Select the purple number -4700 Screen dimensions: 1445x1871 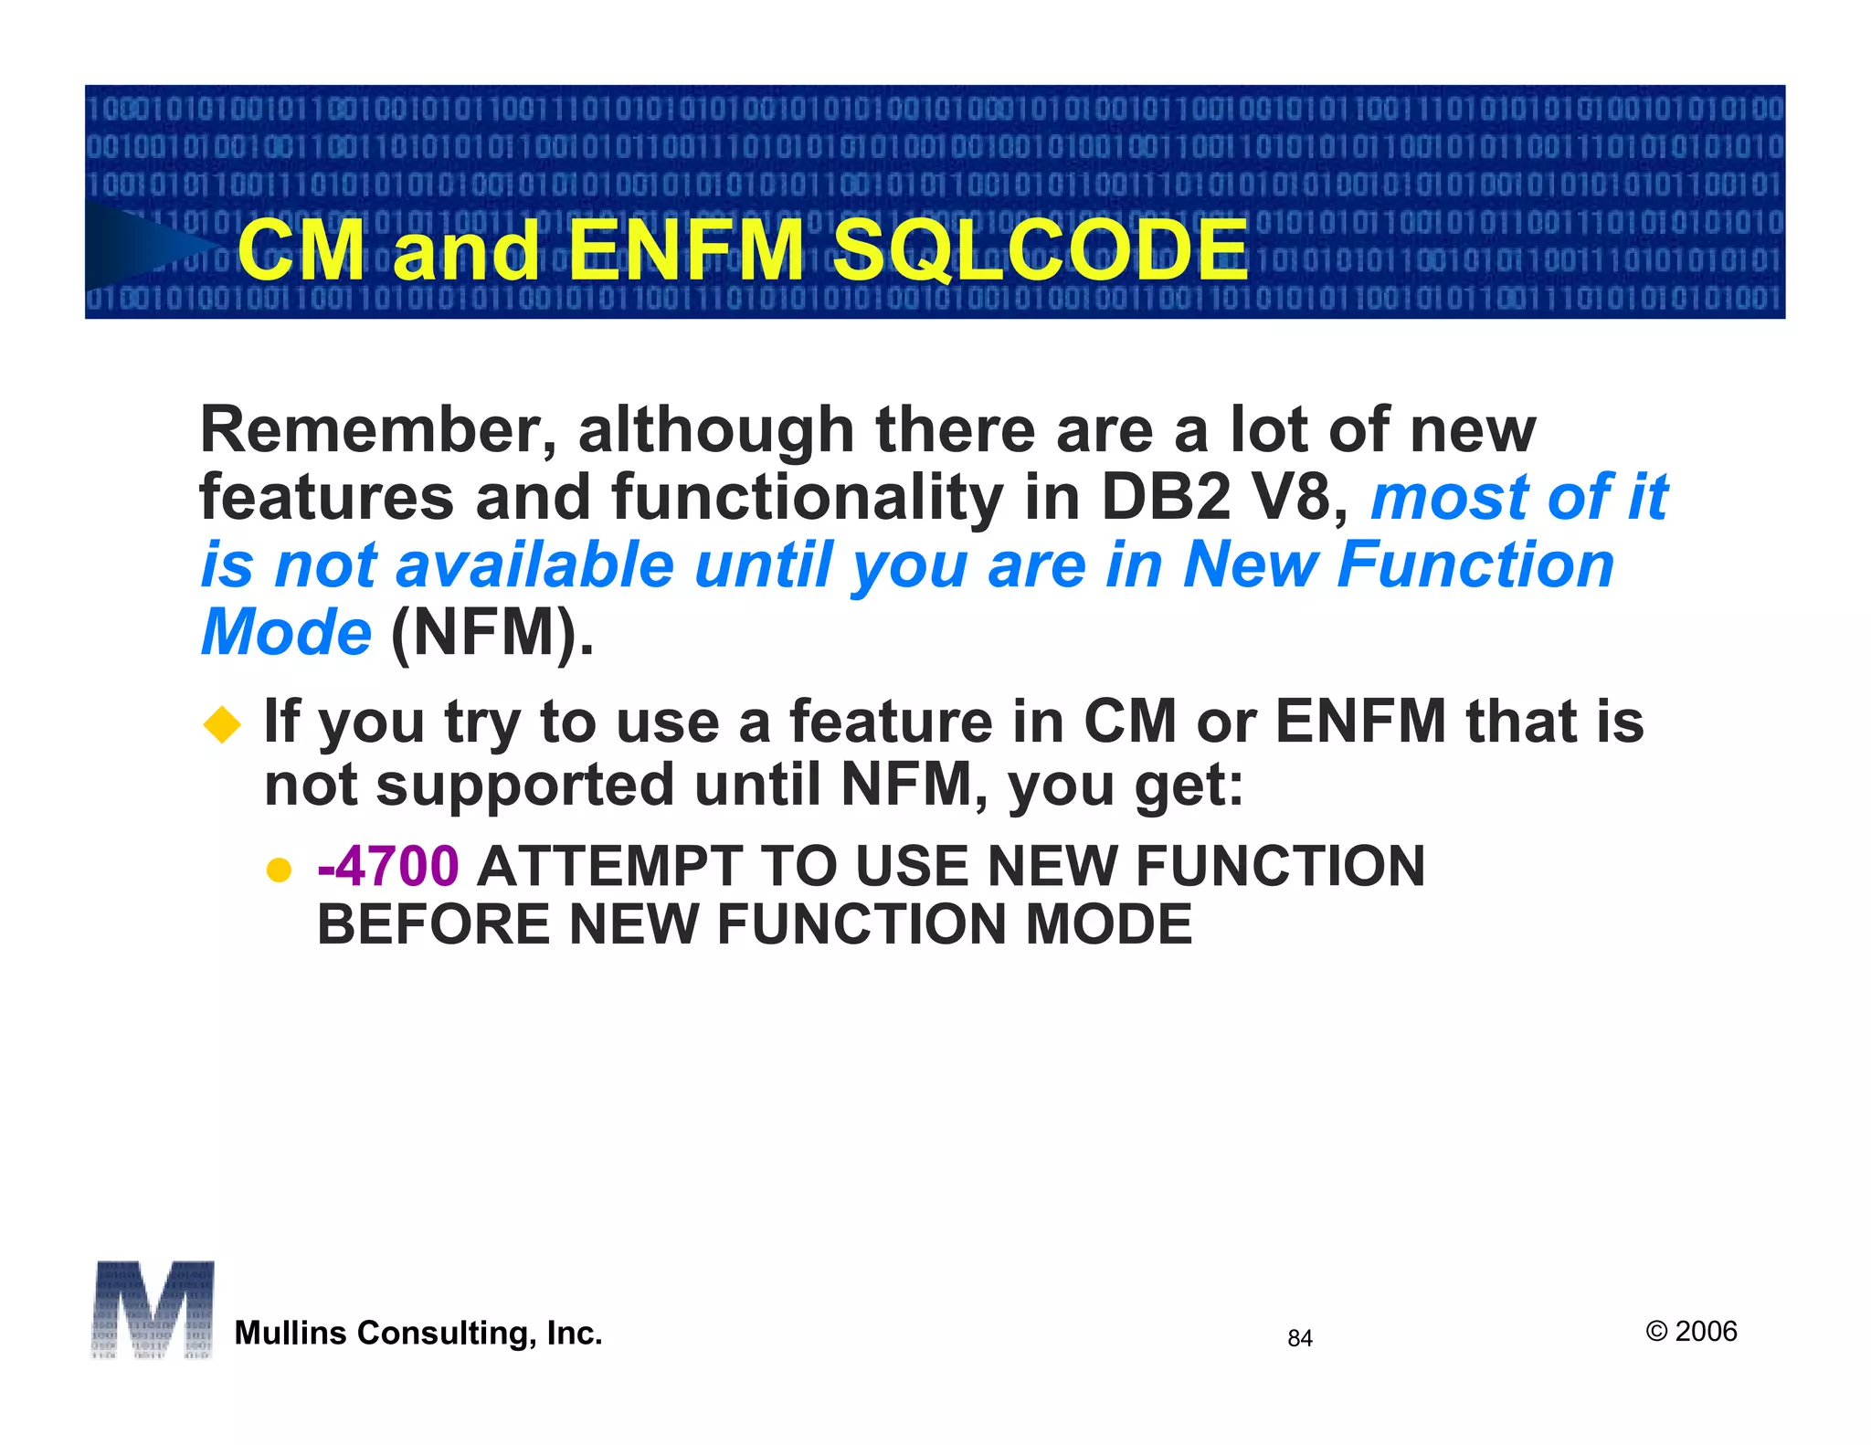(x=387, y=866)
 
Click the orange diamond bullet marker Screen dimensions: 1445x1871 (x=222, y=725)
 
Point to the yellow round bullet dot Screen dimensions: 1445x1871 (x=278, y=869)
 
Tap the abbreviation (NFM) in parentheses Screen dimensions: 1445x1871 (x=492, y=632)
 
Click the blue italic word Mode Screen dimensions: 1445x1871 (x=286, y=632)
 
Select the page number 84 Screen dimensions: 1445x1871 (x=1299, y=1338)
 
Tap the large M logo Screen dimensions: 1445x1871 (x=153, y=1310)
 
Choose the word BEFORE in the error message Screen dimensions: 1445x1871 (x=434, y=924)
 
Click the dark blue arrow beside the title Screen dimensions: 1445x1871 (x=146, y=247)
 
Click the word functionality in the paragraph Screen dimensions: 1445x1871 (x=807, y=498)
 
